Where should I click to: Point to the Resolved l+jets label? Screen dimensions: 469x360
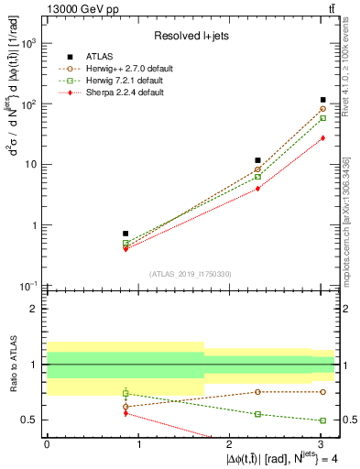(191, 36)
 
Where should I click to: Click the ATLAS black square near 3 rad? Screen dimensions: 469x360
(322, 100)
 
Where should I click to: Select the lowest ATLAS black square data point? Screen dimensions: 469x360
(125, 234)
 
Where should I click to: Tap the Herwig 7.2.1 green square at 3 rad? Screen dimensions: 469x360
(322, 118)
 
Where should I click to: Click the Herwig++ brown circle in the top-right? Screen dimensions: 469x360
(322, 109)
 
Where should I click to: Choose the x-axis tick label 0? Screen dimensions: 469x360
(47, 445)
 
